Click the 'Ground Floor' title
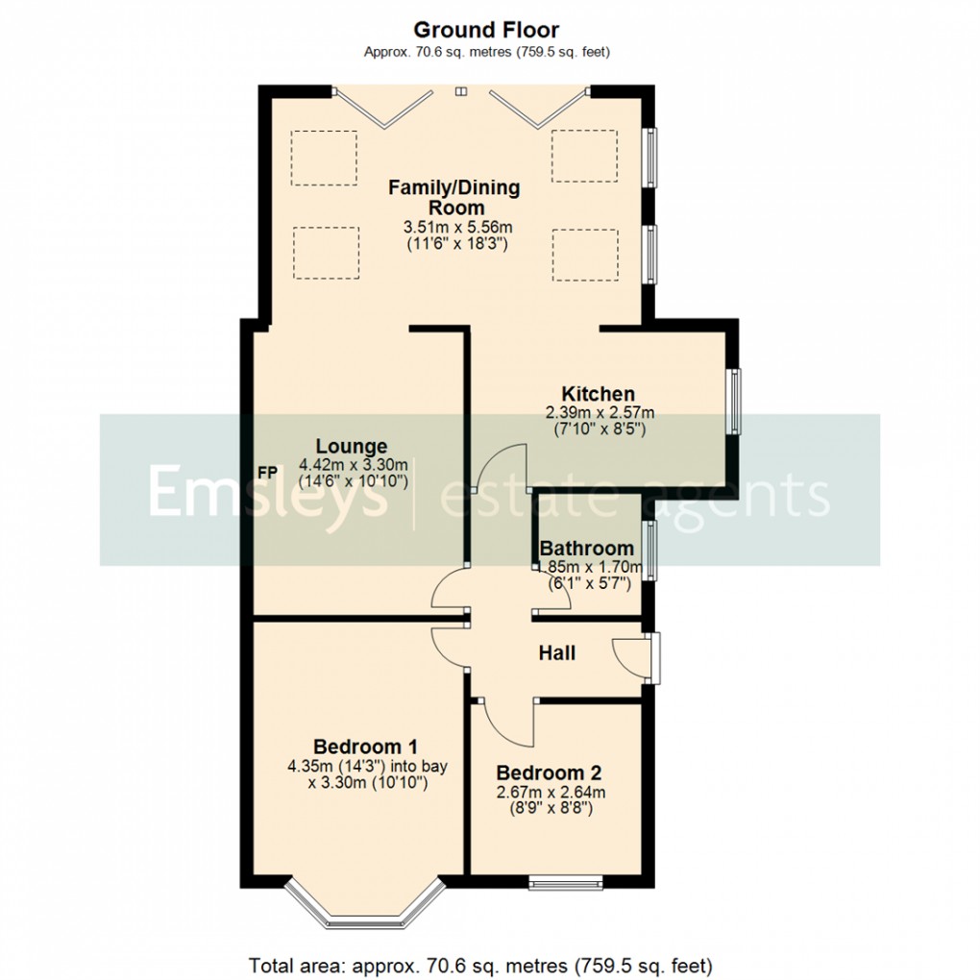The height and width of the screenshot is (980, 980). click(486, 31)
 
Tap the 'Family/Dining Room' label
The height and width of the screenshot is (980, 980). click(453, 197)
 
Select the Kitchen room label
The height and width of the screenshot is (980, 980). click(598, 394)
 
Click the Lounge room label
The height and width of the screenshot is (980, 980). click(352, 446)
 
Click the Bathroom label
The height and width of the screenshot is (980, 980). click(586, 549)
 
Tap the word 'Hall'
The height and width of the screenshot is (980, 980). click(557, 653)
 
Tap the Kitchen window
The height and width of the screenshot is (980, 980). click(733, 401)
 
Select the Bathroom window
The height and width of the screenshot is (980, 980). click(650, 551)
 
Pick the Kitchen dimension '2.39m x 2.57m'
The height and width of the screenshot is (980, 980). click(600, 412)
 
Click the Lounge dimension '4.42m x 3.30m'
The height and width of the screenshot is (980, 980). click(352, 464)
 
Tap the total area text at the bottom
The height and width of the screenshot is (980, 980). click(479, 964)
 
